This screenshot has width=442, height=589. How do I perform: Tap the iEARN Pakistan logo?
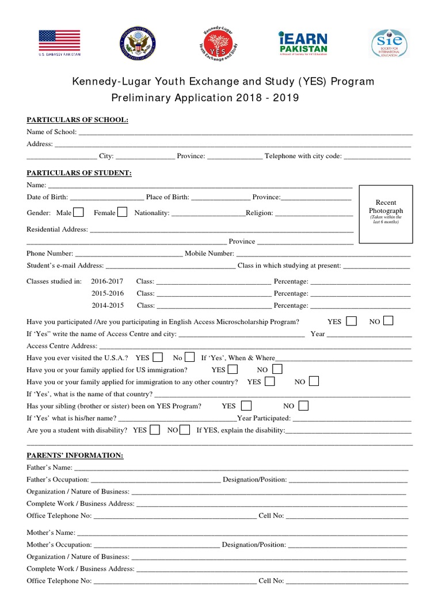(302, 44)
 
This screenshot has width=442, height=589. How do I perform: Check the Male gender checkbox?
(79, 212)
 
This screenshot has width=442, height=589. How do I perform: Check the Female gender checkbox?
(122, 212)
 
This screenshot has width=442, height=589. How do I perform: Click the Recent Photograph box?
(386, 214)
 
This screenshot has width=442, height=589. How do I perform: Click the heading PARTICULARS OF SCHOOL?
(78, 120)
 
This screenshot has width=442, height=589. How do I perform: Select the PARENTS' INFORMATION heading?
(75, 456)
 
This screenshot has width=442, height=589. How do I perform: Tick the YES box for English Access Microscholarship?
(351, 321)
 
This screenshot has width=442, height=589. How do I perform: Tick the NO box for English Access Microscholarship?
(388, 321)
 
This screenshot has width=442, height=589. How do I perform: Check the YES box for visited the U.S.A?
(157, 357)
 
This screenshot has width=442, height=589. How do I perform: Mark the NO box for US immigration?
(277, 369)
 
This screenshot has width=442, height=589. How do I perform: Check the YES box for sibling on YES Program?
(246, 406)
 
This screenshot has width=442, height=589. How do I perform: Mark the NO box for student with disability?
(185, 429)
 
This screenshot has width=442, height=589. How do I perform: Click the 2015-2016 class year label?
(107, 293)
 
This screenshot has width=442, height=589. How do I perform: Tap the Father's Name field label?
(49, 468)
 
